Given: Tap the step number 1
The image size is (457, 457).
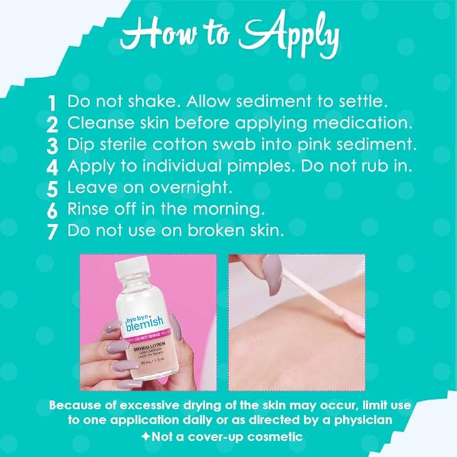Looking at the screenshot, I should tap(52, 103).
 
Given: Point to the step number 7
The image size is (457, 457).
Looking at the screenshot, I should tap(52, 232).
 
